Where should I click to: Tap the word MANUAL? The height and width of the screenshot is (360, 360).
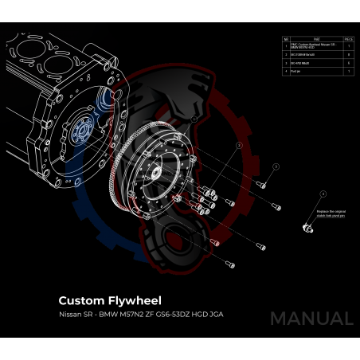coord(311,319)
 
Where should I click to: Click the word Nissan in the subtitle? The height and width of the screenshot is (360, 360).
coord(70,315)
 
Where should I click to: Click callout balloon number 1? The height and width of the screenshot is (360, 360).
coord(194,119)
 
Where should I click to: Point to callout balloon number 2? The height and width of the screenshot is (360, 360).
coord(238,147)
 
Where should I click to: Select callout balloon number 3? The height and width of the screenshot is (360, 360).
coord(276,166)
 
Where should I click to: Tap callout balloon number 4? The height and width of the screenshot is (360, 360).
coord(323,194)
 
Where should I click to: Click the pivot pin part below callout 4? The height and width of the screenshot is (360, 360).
coord(305,227)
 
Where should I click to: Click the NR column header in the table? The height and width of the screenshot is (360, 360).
coord(286,38)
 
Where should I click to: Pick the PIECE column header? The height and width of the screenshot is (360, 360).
coord(349,38)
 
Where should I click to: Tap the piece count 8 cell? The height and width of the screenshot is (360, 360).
coord(349,55)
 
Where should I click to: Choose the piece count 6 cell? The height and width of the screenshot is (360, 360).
coord(349,63)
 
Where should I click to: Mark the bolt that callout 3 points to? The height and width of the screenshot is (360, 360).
coord(261,185)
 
